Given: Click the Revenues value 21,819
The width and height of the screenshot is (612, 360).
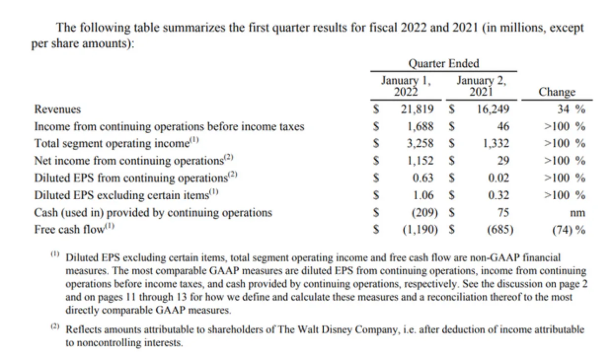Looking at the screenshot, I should [417, 109].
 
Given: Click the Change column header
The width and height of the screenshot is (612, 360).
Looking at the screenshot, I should [557, 92].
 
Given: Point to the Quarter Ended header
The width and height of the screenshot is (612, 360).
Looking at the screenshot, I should [444, 64].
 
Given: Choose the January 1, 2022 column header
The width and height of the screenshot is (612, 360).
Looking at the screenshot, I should [406, 85].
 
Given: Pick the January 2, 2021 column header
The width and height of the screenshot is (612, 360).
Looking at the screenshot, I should [481, 85].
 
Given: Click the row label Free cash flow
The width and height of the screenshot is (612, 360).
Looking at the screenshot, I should [70, 229].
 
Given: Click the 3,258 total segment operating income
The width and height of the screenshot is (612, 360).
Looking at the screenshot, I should [421, 144].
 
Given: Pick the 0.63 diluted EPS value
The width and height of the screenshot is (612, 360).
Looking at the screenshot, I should [423, 178].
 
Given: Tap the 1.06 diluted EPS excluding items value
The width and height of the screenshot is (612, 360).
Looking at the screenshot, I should [423, 195].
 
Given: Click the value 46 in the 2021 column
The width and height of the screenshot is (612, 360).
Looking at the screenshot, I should [503, 126].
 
